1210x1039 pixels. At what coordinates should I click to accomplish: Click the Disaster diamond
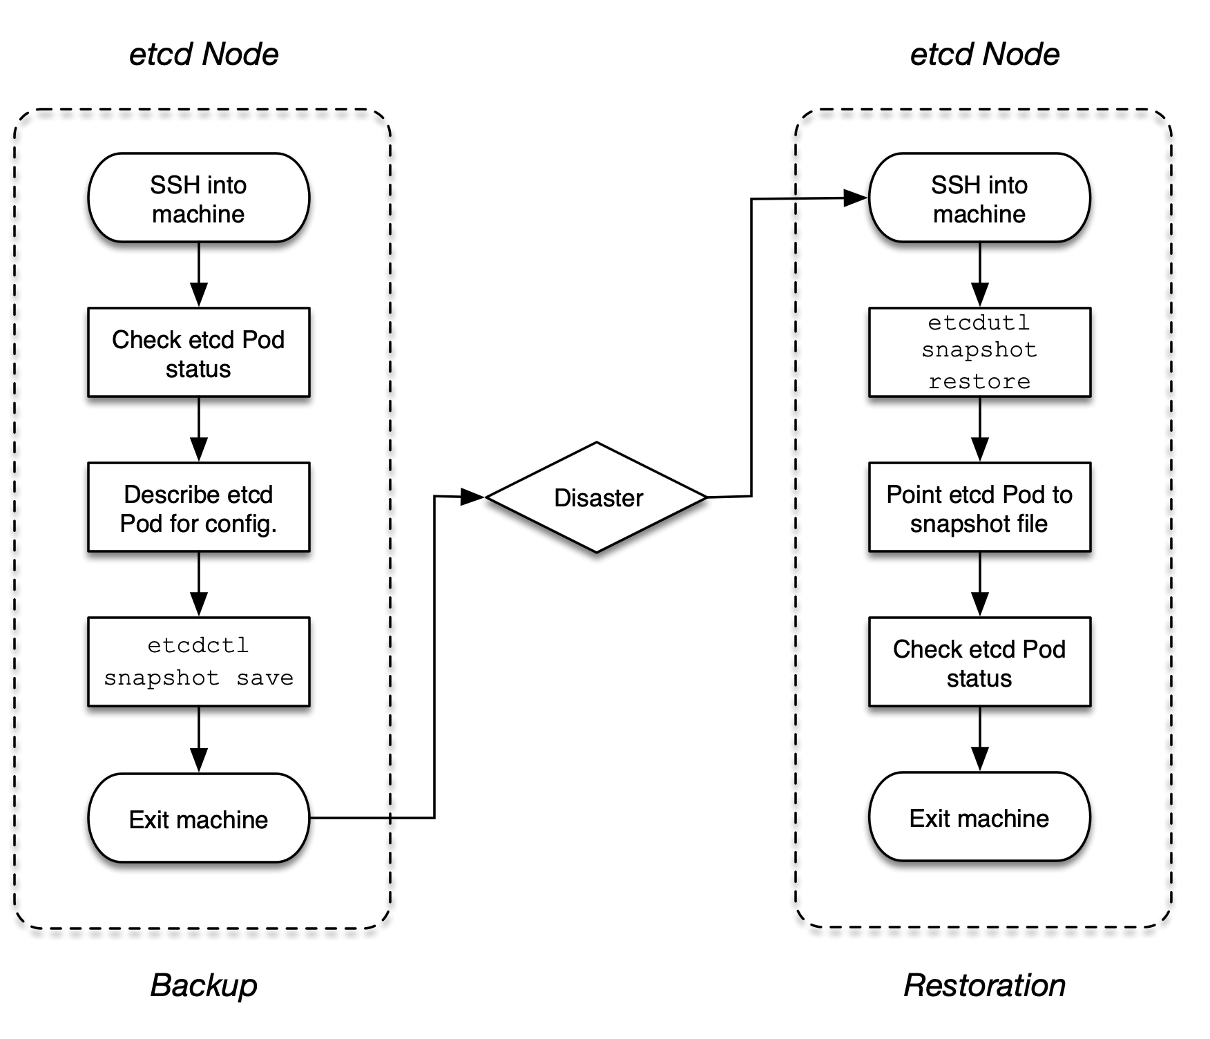(597, 497)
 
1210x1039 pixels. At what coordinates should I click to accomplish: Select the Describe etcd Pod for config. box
(198, 507)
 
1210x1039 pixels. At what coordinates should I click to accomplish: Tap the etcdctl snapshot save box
(198, 662)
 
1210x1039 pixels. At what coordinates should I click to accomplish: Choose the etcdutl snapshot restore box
(979, 352)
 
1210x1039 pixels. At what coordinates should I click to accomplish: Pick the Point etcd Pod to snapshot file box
(979, 507)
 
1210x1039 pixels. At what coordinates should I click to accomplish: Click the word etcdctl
(198, 645)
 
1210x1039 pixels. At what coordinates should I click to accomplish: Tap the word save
(265, 678)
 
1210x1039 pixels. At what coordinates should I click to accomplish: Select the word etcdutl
(979, 323)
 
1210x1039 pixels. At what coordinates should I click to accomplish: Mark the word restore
(979, 381)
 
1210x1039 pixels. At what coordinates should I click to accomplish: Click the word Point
(914, 495)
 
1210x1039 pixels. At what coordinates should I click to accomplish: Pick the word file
(1031, 524)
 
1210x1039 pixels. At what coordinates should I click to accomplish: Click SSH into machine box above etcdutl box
(979, 198)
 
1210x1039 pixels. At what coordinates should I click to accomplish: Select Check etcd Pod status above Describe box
(198, 352)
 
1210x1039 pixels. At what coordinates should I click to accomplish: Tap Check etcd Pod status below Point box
(979, 662)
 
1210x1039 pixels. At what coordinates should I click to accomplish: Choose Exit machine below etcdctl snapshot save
(198, 818)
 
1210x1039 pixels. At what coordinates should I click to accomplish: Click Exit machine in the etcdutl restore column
(979, 817)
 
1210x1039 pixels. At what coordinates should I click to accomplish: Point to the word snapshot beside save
(162, 678)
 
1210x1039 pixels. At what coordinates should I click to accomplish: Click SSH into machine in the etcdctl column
(198, 198)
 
